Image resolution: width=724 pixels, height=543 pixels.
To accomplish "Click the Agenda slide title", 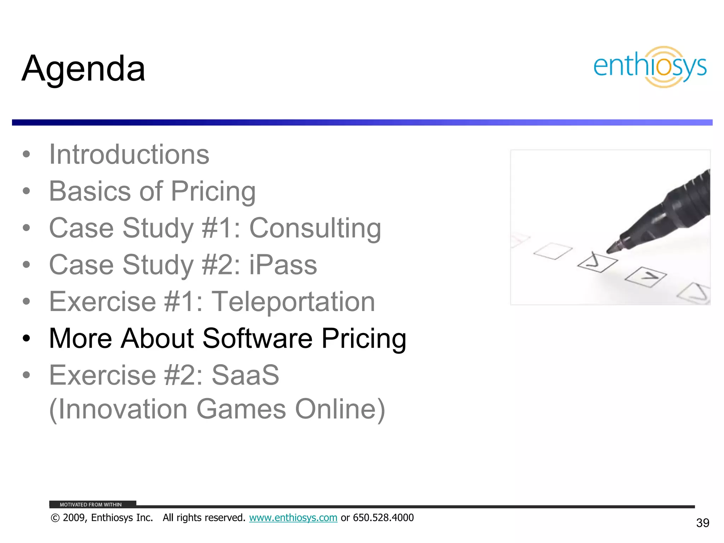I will [x=83, y=69].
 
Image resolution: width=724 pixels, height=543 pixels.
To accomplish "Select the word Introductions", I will [x=129, y=154].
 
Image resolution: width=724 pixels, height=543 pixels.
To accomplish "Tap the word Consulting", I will [x=315, y=228].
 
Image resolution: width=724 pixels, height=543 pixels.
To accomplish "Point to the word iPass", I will [x=283, y=265].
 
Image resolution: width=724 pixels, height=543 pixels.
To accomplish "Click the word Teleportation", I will [x=293, y=302].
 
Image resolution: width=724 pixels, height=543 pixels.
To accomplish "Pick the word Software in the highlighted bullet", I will [x=257, y=338].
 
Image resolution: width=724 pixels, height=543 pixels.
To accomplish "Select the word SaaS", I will [x=245, y=375].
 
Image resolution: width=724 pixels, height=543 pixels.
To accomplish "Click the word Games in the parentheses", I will [x=241, y=409].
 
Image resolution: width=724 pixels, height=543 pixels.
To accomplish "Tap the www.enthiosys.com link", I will [x=293, y=518].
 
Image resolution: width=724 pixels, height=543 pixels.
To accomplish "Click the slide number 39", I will [x=702, y=523].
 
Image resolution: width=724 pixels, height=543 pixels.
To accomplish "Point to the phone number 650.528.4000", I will [x=383, y=518].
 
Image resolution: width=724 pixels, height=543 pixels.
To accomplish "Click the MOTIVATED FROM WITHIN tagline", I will [x=90, y=504].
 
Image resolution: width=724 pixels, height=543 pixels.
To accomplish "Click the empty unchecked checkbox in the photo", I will [x=553, y=251].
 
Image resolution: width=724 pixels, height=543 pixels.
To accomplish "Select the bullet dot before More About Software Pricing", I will [x=26, y=338].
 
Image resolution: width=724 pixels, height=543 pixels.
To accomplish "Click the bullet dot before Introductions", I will [x=26, y=154].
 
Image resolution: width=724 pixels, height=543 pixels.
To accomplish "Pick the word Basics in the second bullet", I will [x=90, y=191].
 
